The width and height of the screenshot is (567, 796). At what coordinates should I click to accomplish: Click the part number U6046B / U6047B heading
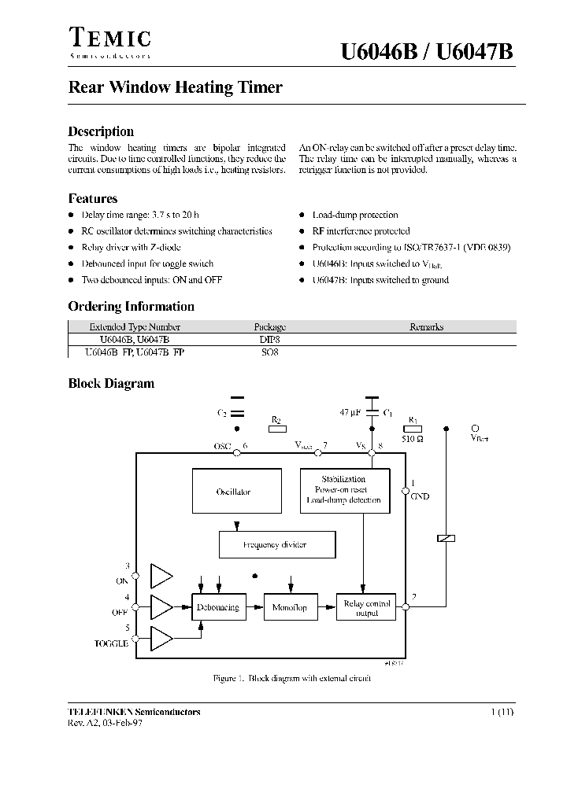coord(427,53)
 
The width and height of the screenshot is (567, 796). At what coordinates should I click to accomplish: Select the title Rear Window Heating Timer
coord(175,88)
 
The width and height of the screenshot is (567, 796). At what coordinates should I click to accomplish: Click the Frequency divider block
coord(276,544)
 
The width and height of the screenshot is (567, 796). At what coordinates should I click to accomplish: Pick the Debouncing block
coord(215,607)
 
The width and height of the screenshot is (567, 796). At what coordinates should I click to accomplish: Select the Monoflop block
coord(289,607)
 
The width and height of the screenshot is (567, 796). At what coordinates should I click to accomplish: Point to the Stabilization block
coord(345,490)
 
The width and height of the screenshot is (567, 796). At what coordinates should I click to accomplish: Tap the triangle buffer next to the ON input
coord(161,577)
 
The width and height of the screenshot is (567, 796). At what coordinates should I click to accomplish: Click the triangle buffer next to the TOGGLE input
coord(161,639)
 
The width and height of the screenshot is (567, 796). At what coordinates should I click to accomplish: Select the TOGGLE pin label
coord(111,643)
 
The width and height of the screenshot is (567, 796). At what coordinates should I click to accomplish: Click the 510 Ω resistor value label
coord(413,439)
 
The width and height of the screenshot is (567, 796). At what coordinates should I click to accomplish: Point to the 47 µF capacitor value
coord(350,411)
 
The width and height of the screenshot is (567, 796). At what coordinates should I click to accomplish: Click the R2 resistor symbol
coord(276,429)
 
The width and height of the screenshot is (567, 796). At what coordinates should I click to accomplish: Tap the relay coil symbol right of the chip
coord(446,539)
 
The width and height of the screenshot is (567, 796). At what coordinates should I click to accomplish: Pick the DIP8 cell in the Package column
coord(269,339)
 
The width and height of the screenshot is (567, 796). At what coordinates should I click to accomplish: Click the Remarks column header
coord(426,326)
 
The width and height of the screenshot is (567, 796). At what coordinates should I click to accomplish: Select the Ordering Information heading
coord(131,307)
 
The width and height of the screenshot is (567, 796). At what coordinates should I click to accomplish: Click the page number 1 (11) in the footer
coord(502,711)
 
